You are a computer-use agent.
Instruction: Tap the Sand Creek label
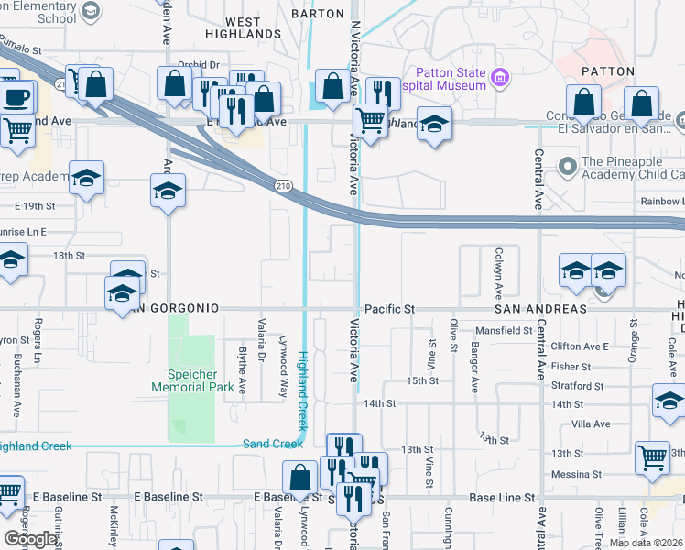(x=272, y=444)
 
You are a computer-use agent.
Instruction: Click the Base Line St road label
(x=502, y=498)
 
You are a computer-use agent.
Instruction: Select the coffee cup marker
(x=16, y=97)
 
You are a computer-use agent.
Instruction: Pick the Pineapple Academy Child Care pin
(x=568, y=166)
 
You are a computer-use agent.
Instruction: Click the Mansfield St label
(x=503, y=330)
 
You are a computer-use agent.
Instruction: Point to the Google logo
(x=31, y=539)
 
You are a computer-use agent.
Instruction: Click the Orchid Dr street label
(x=199, y=65)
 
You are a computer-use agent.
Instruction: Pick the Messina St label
(x=577, y=474)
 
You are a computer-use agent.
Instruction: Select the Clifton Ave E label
(x=581, y=346)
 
